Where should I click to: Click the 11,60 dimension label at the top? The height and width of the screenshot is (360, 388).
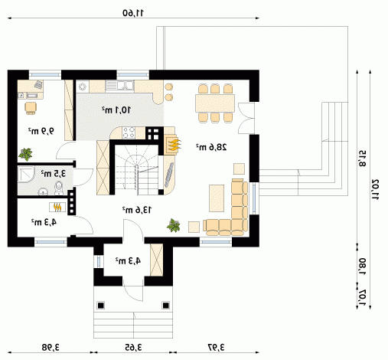(133, 13)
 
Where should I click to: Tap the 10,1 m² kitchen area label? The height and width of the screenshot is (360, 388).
(116, 110)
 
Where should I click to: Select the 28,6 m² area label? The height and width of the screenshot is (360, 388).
(211, 147)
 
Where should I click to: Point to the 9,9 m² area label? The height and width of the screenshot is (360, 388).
(41, 131)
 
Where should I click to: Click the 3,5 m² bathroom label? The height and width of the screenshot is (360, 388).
(54, 174)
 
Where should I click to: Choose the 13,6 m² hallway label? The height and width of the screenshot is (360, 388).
(137, 210)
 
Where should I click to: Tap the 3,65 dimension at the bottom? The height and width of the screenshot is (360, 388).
(133, 347)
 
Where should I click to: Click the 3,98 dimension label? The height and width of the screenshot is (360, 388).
(51, 347)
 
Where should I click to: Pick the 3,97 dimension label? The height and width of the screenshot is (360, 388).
(217, 347)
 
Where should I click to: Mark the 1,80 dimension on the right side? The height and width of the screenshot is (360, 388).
(363, 267)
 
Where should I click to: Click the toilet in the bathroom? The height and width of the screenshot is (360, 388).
(59, 188)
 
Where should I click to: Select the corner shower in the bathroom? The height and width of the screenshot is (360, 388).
(26, 174)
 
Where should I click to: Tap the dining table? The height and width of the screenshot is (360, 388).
(215, 103)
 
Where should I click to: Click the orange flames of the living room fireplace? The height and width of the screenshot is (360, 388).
(175, 146)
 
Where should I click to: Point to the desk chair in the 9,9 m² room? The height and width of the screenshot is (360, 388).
(31, 108)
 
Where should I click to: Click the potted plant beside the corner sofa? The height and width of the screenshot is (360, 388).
(174, 225)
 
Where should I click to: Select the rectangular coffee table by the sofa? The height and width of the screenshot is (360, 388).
(217, 198)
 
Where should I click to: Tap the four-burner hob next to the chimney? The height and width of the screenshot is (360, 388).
(129, 133)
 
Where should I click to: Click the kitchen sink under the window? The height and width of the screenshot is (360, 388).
(119, 85)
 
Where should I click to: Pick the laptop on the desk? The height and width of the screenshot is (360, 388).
(38, 84)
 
